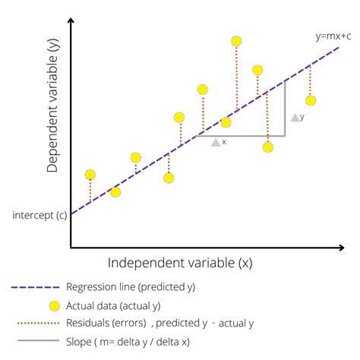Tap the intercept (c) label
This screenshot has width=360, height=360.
(x=37, y=215)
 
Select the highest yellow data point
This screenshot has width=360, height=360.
(x=236, y=41)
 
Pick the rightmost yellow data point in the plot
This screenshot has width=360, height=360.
(x=310, y=100)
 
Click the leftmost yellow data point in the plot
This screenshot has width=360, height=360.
(x=90, y=175)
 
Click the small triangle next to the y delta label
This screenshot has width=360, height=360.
(x=295, y=118)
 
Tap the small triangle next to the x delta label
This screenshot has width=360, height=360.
(x=216, y=142)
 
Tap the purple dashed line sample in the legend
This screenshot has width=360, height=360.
(x=35, y=287)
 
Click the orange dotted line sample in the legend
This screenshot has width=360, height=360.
(x=35, y=324)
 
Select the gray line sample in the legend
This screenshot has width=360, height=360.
(x=35, y=342)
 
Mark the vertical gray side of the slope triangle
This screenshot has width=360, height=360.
(x=285, y=109)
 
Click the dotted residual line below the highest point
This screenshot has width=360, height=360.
(x=236, y=80)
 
